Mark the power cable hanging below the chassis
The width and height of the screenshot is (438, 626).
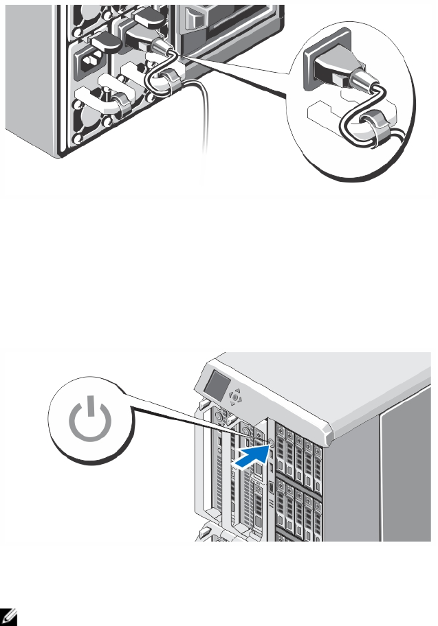(x=204, y=130)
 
